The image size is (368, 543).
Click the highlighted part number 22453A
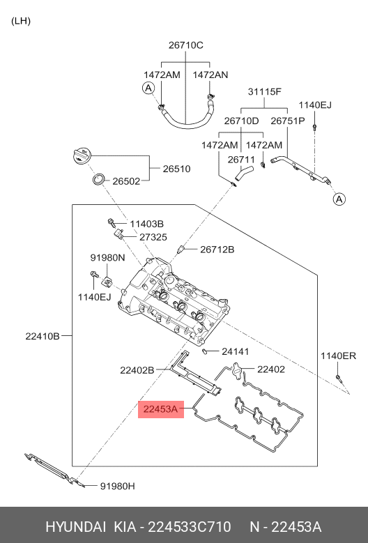(160, 409)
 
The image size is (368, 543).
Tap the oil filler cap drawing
(82, 156)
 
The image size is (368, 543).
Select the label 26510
(176, 169)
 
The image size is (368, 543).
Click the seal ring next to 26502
(99, 179)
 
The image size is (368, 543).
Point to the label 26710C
(186, 45)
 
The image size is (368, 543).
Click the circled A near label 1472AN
(148, 88)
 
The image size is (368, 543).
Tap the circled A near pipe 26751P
(339, 199)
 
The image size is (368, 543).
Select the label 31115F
(264, 91)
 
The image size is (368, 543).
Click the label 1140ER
(338, 355)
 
